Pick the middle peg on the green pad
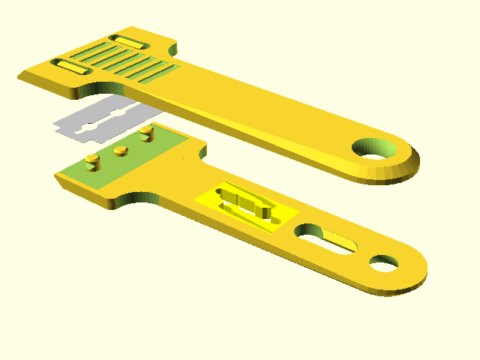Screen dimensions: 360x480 coord(120,152)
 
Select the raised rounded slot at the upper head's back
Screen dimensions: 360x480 coord(126,40)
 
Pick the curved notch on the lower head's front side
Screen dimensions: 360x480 coord(135,197)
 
